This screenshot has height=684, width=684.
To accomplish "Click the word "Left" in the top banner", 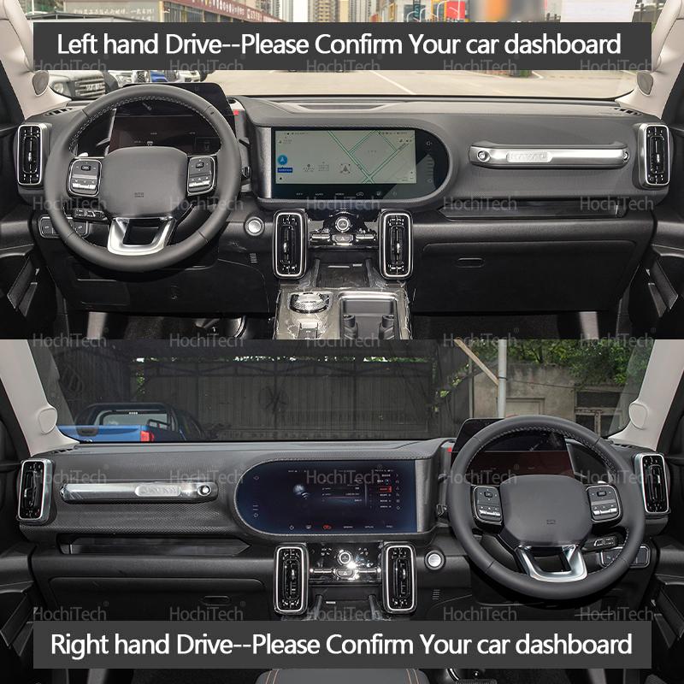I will point(76,44).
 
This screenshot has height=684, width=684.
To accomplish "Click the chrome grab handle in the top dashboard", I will point(548,156).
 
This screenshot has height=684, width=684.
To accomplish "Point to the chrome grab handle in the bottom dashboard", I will point(138,491).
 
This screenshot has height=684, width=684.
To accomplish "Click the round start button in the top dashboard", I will point(254,226).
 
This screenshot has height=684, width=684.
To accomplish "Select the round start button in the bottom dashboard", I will point(434,559).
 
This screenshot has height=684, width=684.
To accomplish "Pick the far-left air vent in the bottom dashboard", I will point(34,490).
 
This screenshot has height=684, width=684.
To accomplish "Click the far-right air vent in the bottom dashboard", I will point(652,484).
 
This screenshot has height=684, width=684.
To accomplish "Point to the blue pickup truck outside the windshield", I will point(128,422).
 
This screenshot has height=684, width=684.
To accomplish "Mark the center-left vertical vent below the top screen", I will point(290,244).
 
